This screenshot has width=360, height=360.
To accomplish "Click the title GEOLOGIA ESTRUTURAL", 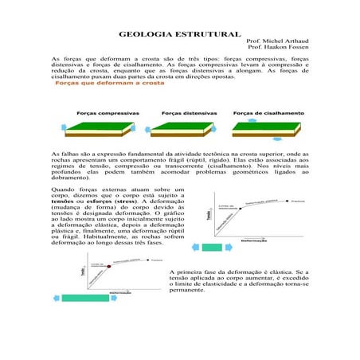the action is click(x=179, y=35).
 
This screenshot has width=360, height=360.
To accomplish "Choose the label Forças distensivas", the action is click(x=186, y=113).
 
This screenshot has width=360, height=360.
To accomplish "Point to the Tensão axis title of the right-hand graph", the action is click(x=209, y=215).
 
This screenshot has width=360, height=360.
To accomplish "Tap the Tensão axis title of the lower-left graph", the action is click(x=81, y=274).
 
